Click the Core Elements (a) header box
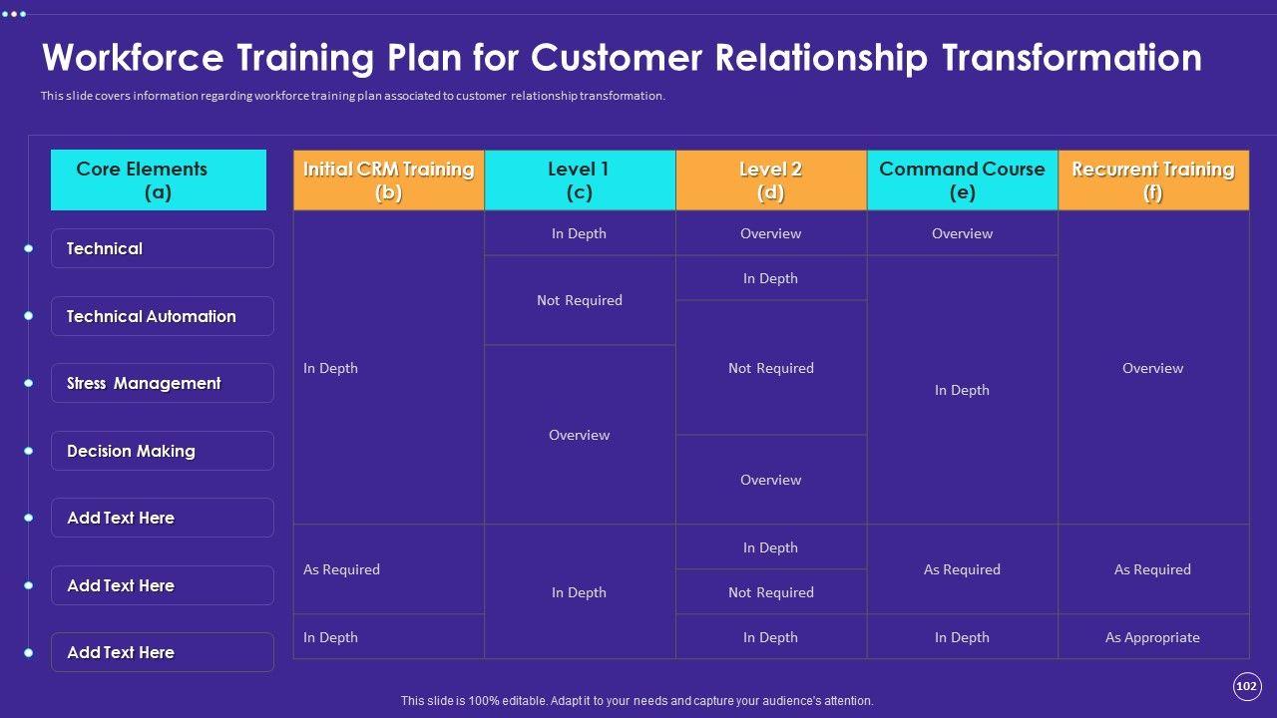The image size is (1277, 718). point(159,180)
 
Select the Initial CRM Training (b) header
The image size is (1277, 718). point(388,180)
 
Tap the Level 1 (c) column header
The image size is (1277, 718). point(580,180)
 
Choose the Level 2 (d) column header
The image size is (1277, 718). point(771,180)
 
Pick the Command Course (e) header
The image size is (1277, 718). point(962,180)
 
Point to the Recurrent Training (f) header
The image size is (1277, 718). point(1153,180)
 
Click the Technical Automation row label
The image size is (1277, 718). point(162,316)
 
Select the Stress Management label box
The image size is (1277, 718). point(162,383)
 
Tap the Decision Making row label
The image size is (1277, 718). point(162,451)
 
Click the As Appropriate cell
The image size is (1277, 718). point(1152,637)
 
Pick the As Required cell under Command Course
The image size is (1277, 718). point(962,569)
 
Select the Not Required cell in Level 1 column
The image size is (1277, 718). point(580,300)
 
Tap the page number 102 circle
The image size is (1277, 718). point(1246,686)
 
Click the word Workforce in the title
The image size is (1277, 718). point(133,58)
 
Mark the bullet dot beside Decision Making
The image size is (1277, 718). point(29,451)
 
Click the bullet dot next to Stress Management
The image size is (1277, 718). point(29,383)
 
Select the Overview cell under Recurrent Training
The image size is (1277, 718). point(1152,368)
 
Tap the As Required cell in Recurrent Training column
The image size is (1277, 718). point(1152,569)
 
